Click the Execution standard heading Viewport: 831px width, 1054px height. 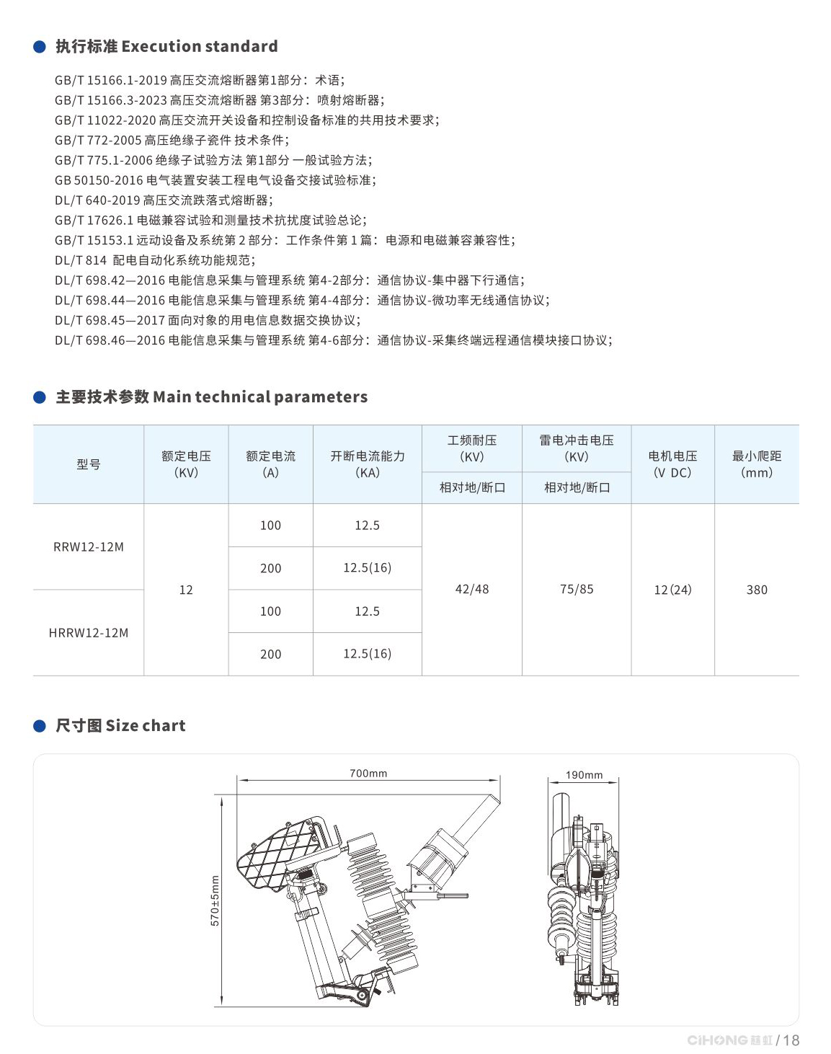(166, 47)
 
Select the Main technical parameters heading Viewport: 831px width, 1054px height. (211, 397)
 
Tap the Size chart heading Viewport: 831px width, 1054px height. (120, 726)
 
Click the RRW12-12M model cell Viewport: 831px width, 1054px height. (89, 547)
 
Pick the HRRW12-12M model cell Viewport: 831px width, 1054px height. (89, 633)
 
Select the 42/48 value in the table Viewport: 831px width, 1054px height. (472, 590)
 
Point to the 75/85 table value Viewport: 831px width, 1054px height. (577, 590)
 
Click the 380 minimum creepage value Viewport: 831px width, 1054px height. (757, 590)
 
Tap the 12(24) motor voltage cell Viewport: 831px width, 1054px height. (672, 590)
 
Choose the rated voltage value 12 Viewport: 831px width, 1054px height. (186, 590)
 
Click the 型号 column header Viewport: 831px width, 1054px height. (89, 464)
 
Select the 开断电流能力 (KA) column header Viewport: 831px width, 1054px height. (368, 464)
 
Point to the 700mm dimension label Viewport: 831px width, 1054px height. (368, 774)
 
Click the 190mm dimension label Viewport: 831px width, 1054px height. (584, 775)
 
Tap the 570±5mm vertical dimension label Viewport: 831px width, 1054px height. (215, 900)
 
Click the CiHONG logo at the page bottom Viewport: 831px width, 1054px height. (729, 1040)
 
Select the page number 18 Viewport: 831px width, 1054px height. (791, 1040)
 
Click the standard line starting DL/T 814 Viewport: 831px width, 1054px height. (155, 260)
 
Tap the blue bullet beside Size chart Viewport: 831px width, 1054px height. (40, 726)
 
